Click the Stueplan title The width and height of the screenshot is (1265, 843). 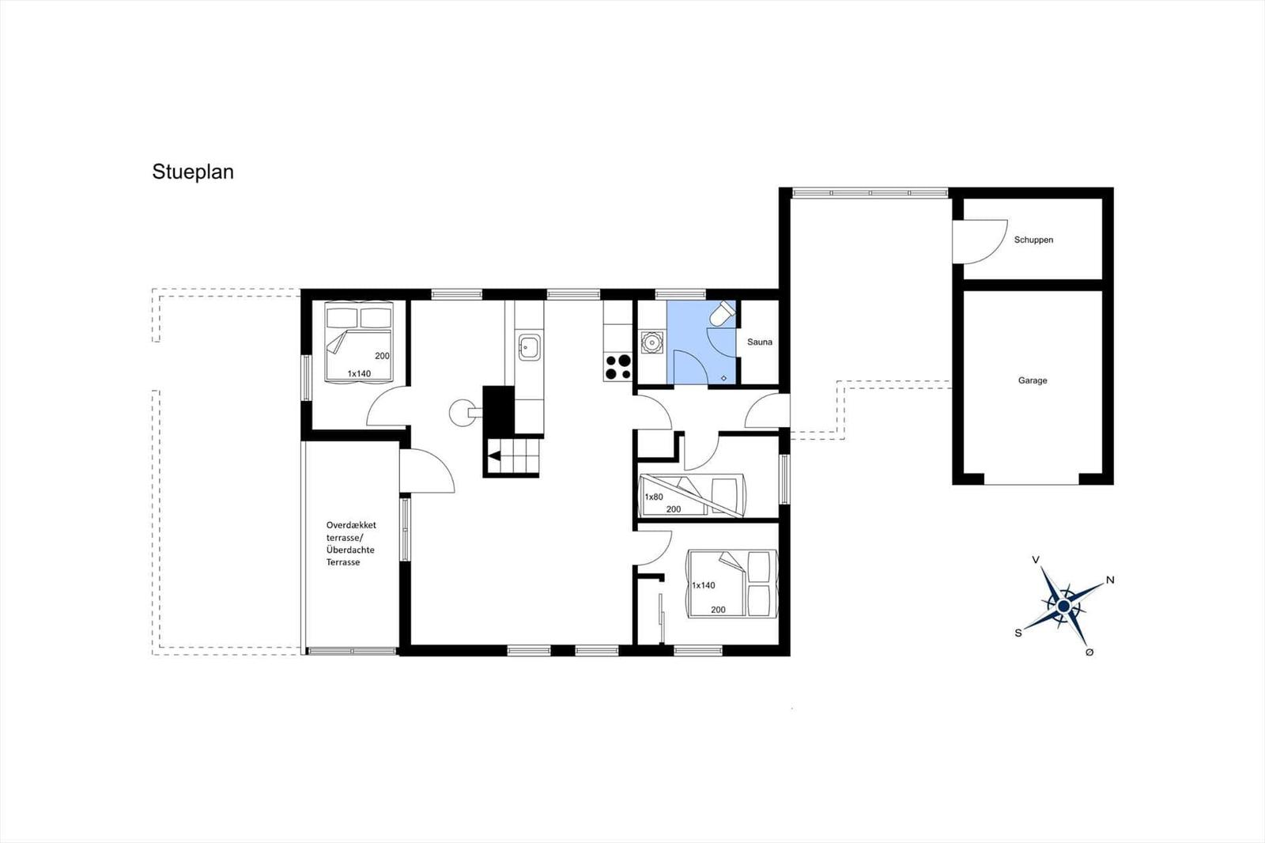[x=193, y=172]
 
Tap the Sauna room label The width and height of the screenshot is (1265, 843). [x=760, y=342]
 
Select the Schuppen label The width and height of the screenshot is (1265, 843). [x=1033, y=240]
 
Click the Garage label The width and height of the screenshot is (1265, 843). [x=1033, y=381]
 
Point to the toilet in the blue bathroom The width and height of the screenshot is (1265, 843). [x=723, y=313]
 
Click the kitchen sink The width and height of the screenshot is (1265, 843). [x=530, y=346]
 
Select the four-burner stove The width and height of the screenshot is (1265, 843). [x=617, y=367]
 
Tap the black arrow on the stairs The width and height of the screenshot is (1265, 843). [x=494, y=456]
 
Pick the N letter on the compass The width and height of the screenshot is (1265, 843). [x=1110, y=580]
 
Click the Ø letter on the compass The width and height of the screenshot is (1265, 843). [x=1089, y=652]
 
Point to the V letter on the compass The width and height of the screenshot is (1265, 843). [x=1035, y=560]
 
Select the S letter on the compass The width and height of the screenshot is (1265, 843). [x=1018, y=633]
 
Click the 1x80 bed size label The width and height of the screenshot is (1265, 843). [x=653, y=497]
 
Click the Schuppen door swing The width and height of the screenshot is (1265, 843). [x=980, y=242]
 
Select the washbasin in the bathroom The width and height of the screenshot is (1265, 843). [x=652, y=342]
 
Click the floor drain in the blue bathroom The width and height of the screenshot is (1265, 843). [x=724, y=378]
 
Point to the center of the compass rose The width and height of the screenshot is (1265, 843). [x=1064, y=607]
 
